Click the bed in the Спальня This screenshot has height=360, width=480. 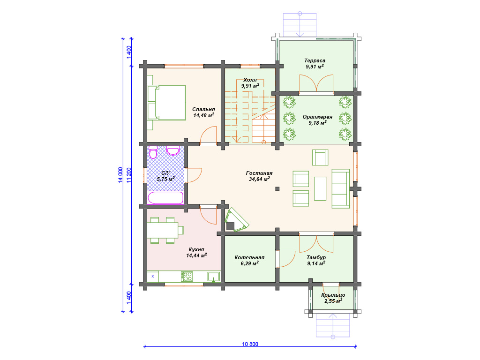(166, 102)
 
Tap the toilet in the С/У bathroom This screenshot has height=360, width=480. (153, 152)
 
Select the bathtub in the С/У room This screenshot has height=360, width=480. (165, 197)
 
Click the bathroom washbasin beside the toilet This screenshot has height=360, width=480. (173, 150)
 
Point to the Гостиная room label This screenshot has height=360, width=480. (259, 173)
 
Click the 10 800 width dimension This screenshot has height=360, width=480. (250, 344)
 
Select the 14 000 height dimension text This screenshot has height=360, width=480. (120, 175)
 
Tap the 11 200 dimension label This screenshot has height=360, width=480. (129, 175)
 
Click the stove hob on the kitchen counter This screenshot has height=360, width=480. (187, 277)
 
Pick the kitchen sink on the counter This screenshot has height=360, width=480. (213, 277)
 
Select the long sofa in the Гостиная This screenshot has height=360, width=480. (341, 188)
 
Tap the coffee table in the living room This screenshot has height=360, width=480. (320, 188)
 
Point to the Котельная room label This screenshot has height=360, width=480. (249, 257)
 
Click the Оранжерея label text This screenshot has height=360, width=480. (317, 117)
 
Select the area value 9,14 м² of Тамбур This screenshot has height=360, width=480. (316, 263)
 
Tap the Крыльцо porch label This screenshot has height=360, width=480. (333, 295)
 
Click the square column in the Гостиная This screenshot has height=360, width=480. (277, 189)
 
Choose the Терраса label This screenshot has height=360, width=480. (315, 60)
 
